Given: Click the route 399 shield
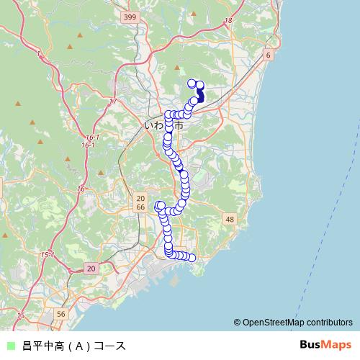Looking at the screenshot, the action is [130, 17].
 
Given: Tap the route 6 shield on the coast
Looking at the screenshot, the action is [268, 55].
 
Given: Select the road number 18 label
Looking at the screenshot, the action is [229, 21].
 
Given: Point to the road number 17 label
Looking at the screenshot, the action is [113, 102].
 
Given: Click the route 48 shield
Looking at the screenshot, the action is [230, 219].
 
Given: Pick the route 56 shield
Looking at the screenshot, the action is [61, 314].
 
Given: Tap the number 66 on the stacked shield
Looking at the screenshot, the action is [140, 207].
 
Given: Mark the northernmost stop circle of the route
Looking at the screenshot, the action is [192, 82].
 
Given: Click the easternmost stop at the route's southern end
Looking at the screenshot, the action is [192, 258].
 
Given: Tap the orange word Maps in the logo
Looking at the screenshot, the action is [336, 346].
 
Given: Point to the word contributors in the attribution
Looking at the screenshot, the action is [329, 323].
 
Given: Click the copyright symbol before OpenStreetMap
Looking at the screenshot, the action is [237, 323].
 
